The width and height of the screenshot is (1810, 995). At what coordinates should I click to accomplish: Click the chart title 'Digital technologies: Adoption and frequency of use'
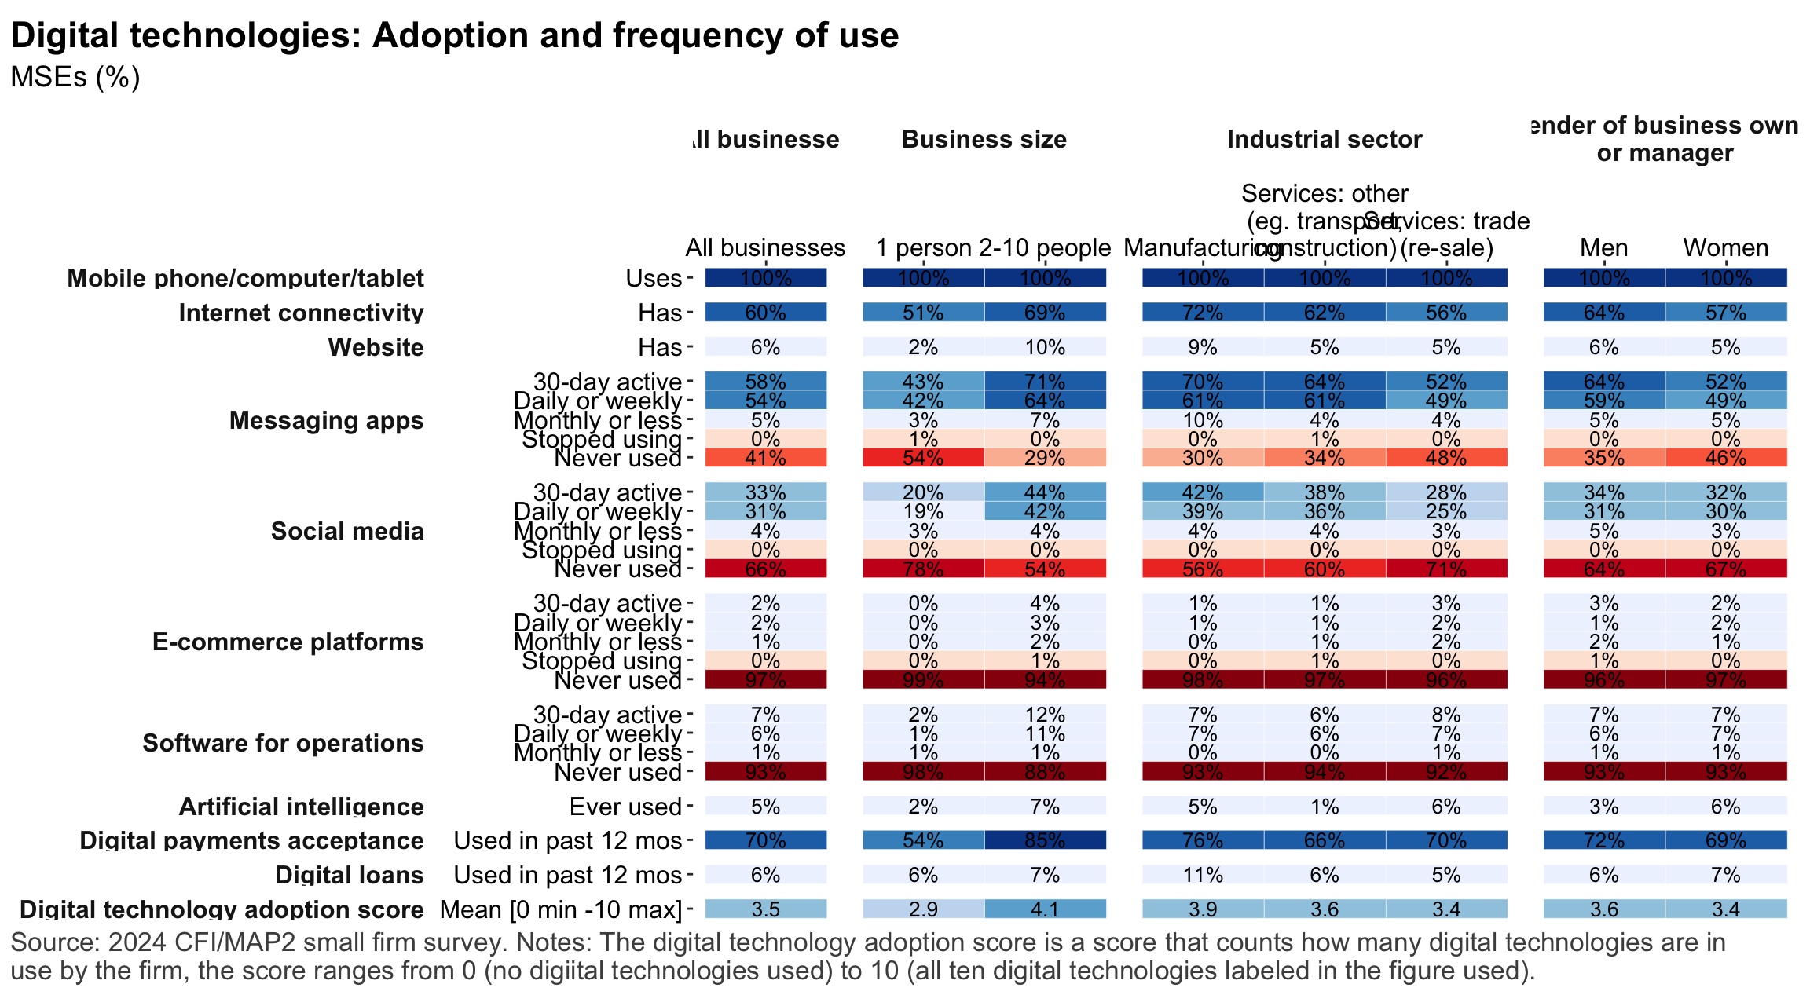coord(454,36)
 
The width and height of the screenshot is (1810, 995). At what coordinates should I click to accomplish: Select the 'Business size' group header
coord(984,140)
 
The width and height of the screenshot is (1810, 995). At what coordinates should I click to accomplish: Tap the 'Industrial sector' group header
coord(1324,140)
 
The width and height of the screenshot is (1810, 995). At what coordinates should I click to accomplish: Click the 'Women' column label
coord(1725,248)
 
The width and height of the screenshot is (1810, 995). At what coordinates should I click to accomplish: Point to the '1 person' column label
coord(923,248)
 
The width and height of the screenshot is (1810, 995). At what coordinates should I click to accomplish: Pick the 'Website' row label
coord(376,347)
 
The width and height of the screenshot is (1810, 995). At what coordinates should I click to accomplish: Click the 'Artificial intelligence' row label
coord(301,807)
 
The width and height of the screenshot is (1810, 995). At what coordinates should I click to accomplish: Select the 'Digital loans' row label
coord(349,875)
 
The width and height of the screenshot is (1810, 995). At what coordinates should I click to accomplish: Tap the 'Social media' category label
coord(347,531)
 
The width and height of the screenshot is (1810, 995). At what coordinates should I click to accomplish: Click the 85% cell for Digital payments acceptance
coord(1045,840)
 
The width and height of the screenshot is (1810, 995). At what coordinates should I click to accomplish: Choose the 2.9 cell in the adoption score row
coord(923,909)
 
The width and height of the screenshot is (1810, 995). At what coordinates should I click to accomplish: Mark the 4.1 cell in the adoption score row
coord(1045,909)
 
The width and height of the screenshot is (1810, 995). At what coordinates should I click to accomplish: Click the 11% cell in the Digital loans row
coord(1203,875)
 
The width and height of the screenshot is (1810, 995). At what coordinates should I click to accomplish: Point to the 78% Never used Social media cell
coord(923,569)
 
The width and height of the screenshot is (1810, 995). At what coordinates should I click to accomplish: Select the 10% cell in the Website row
coord(1045,347)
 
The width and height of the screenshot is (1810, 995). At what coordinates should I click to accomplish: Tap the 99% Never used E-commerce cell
coord(923,680)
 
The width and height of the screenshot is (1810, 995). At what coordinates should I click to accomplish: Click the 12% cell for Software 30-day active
coord(1045,715)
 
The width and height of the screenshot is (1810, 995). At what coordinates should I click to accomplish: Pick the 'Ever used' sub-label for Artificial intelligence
coord(625,807)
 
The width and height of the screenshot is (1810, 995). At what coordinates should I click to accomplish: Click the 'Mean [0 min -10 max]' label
coord(561,909)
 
